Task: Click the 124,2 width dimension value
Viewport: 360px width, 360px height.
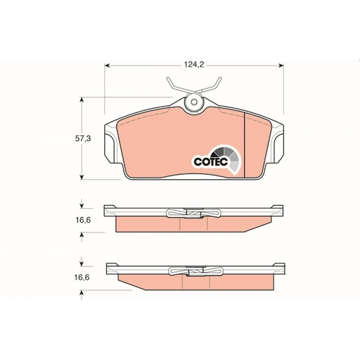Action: click(194, 65)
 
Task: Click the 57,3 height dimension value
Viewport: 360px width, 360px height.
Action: click(83, 138)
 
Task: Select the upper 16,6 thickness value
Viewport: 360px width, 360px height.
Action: click(83, 220)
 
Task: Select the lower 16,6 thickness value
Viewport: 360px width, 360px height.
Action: click(81, 277)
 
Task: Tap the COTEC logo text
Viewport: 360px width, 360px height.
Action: click(210, 161)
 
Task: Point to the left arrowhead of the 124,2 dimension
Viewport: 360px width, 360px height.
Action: click(107, 66)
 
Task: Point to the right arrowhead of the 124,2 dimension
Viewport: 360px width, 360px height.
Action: click(281, 66)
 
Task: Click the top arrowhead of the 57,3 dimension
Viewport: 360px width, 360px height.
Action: click(81, 99)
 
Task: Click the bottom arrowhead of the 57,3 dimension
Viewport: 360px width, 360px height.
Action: click(81, 177)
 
